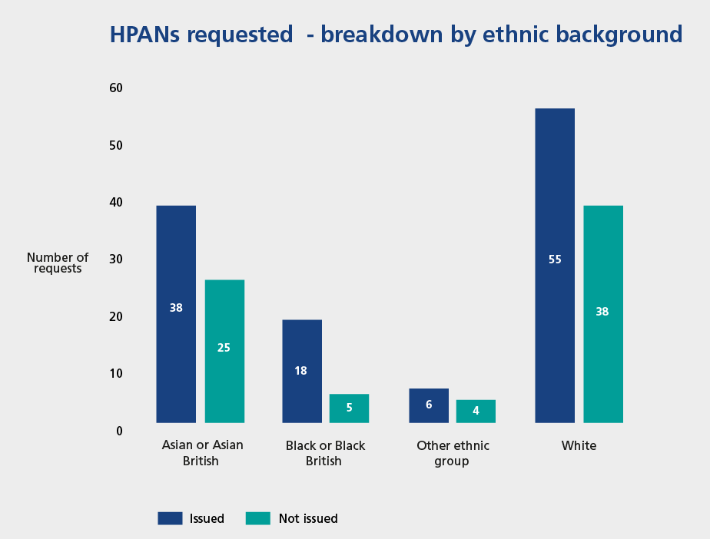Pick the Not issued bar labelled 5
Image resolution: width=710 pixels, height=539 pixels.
(x=349, y=408)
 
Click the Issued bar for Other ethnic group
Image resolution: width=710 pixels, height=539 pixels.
(x=429, y=405)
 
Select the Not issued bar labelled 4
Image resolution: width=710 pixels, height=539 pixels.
(x=476, y=411)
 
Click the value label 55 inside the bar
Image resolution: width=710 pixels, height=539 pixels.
(x=555, y=260)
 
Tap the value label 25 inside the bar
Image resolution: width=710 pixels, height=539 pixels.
(x=224, y=347)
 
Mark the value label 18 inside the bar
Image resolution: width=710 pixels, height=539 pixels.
(x=300, y=370)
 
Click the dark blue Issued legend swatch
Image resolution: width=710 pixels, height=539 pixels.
(x=171, y=518)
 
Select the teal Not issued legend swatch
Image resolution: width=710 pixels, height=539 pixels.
(x=257, y=518)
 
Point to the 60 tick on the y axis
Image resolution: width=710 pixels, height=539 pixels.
(x=116, y=88)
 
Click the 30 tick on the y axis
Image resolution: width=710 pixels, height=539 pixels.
(x=116, y=260)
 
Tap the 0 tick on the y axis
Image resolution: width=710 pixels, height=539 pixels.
(x=119, y=431)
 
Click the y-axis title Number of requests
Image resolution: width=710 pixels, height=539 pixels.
(x=58, y=263)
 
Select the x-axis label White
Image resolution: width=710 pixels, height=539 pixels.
(x=579, y=445)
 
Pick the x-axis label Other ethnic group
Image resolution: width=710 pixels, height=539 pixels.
(x=453, y=453)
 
